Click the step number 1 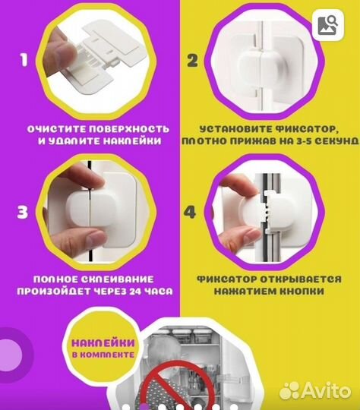tap(24, 60)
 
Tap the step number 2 tap(192, 61)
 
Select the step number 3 tap(22, 212)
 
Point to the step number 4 tap(190, 212)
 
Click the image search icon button tap(328, 25)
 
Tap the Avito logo tap(315, 391)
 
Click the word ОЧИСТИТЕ tap(57, 129)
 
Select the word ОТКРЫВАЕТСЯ tap(301, 279)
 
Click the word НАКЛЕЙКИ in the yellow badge tap(103, 342)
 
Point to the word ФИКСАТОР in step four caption tap(227, 279)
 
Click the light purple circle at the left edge tap(10, 355)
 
